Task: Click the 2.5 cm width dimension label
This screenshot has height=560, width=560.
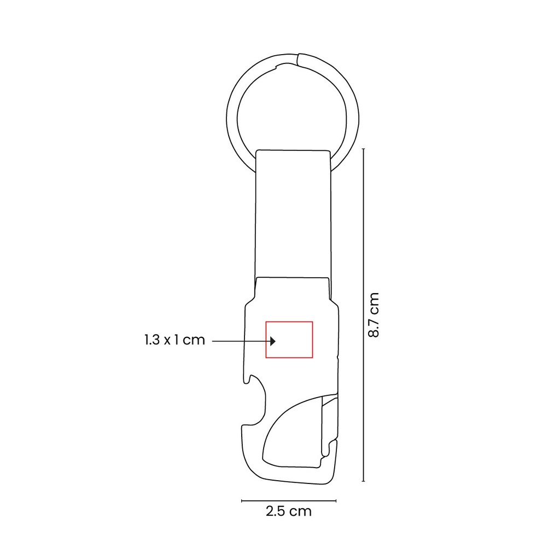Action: click(x=288, y=512)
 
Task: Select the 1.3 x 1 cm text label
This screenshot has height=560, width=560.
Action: click(x=174, y=340)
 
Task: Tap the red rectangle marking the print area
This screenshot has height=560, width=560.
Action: click(x=289, y=323)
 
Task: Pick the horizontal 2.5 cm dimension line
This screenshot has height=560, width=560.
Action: click(x=288, y=500)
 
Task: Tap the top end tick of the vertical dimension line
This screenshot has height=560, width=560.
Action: click(x=364, y=148)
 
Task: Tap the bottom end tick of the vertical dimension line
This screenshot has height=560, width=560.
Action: click(x=364, y=481)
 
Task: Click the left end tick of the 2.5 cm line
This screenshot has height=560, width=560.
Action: click(x=242, y=500)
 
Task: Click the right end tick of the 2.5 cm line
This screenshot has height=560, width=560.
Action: click(x=336, y=500)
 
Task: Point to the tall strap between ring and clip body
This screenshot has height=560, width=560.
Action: click(x=293, y=213)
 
